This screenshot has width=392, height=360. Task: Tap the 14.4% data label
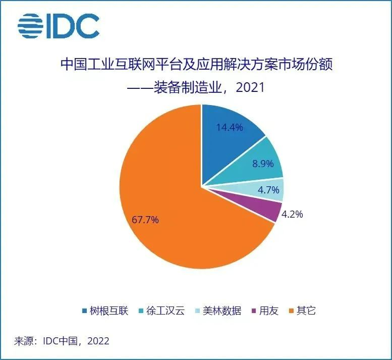coord(229,127)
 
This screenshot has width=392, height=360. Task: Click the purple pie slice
coord(270,211)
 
